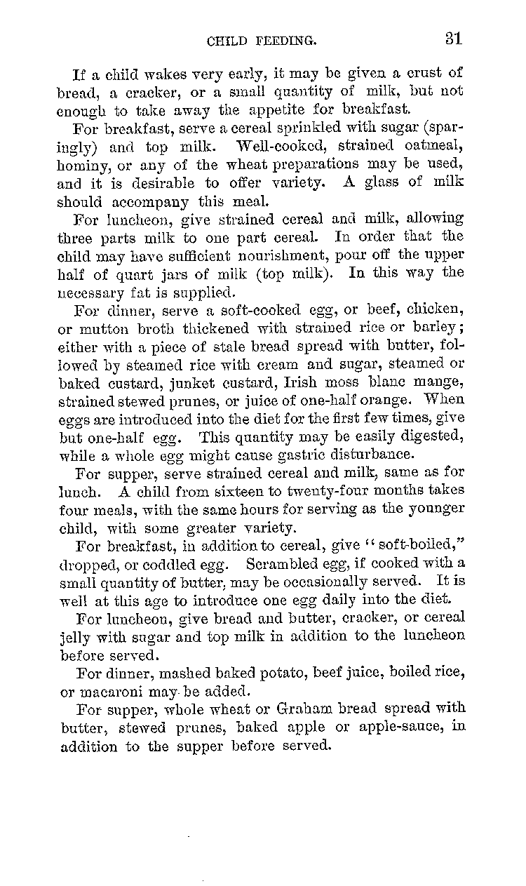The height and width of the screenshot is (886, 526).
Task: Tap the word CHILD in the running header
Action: click(x=227, y=41)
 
